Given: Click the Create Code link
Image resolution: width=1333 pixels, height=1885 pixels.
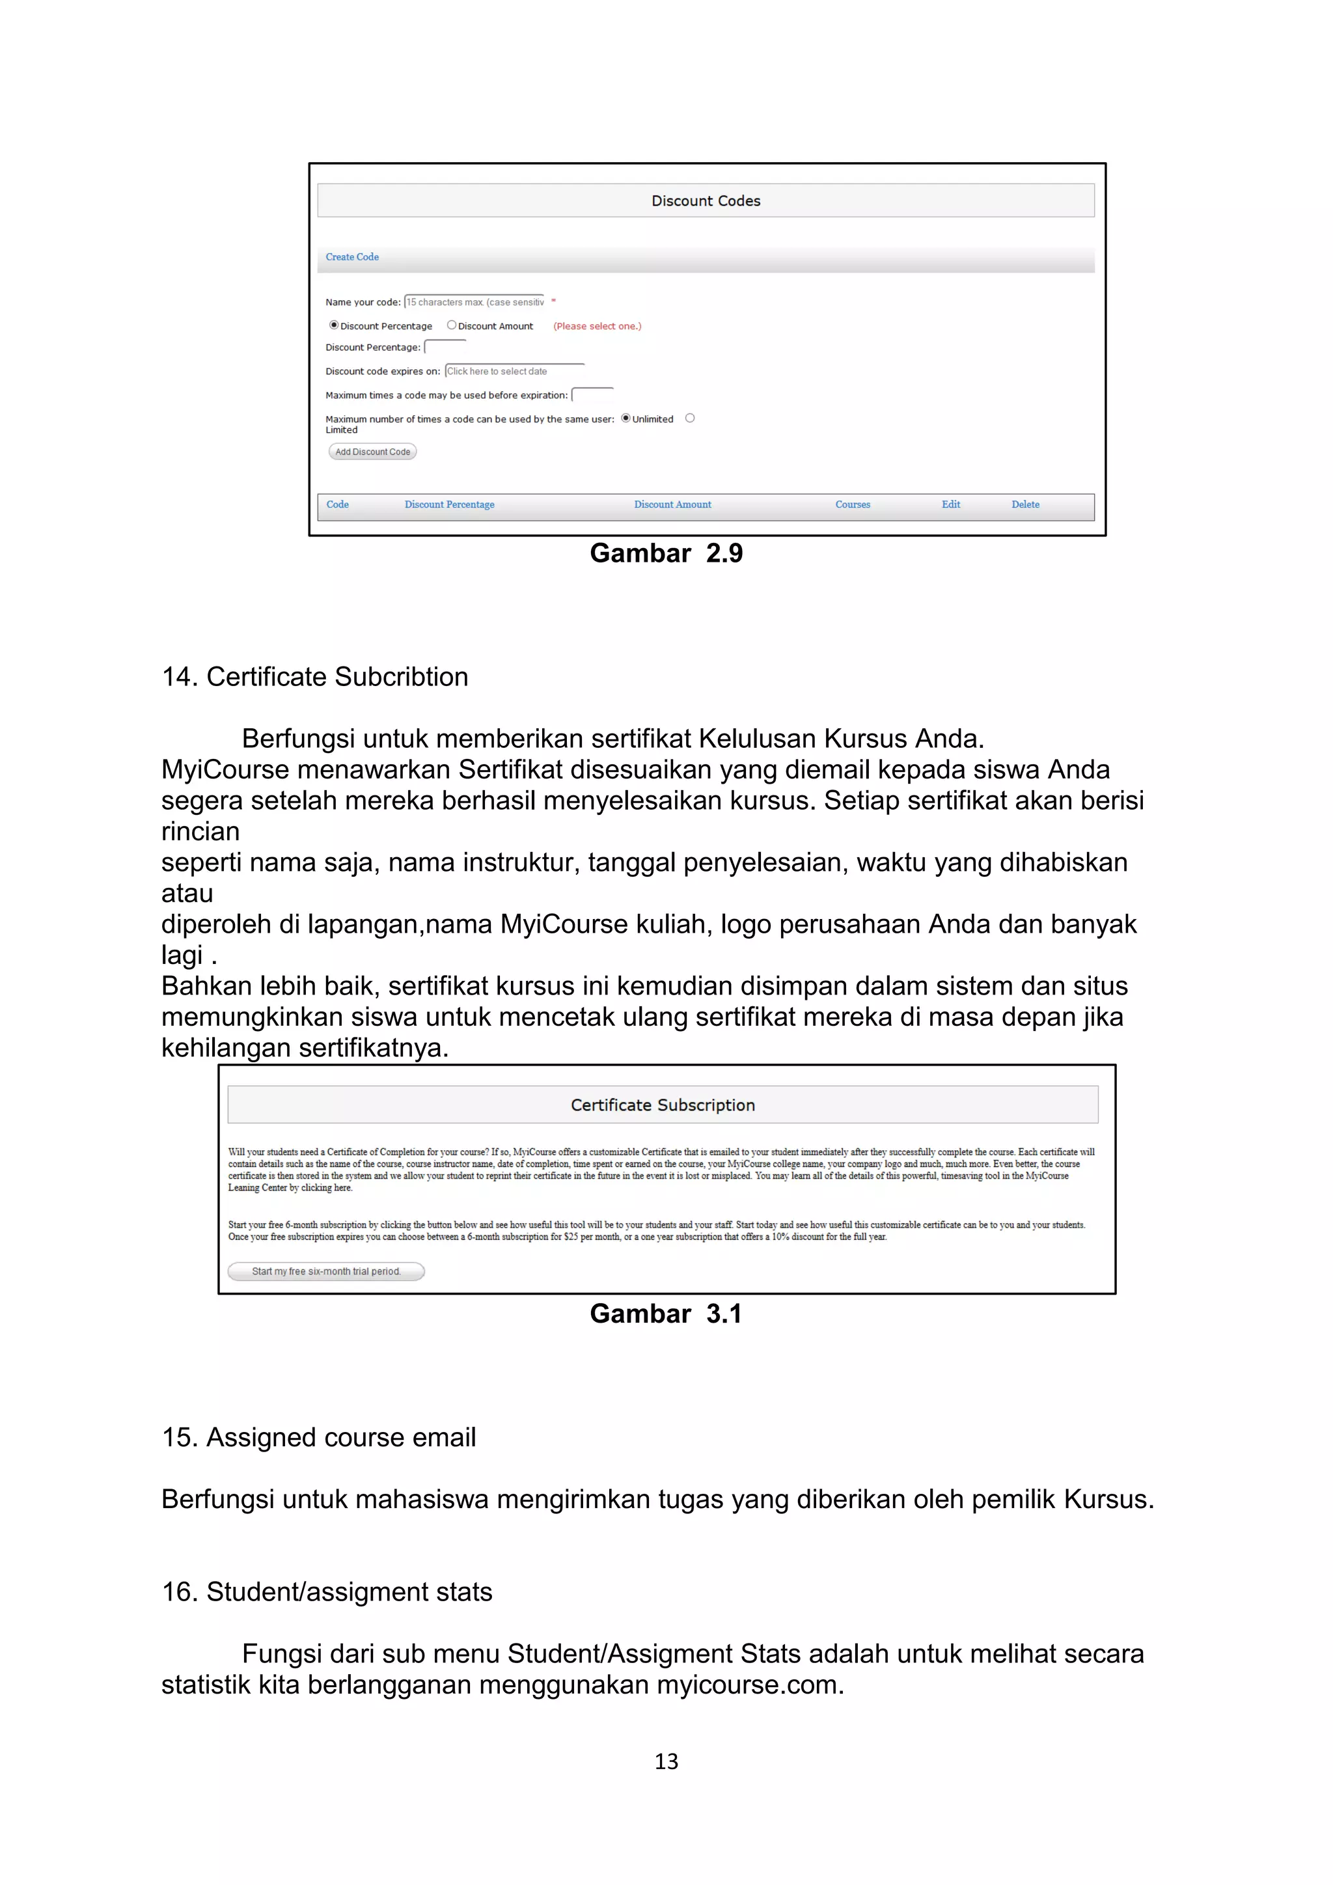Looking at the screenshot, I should tap(352, 257).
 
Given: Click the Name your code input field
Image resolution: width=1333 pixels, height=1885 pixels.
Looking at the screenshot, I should tap(474, 302).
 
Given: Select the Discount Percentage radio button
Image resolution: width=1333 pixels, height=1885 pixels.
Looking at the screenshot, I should tap(334, 325).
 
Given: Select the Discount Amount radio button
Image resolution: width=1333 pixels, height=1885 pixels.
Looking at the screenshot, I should tap(452, 325).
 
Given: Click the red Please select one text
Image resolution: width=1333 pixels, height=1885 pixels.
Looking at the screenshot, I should tap(597, 326).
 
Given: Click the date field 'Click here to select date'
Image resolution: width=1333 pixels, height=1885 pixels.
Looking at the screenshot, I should tap(514, 371).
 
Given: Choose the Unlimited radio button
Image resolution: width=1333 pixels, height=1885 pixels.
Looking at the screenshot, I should tap(625, 418).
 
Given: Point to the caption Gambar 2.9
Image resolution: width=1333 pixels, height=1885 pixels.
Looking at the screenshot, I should tap(666, 553).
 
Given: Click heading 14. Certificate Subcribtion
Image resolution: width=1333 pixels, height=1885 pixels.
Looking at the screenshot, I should tap(315, 676).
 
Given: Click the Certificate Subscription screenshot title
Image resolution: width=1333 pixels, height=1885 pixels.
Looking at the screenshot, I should tap(663, 1105).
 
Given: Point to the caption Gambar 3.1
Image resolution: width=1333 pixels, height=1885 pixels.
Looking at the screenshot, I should tap(666, 1314).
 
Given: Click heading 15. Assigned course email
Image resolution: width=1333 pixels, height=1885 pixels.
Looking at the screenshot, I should tap(318, 1438).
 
